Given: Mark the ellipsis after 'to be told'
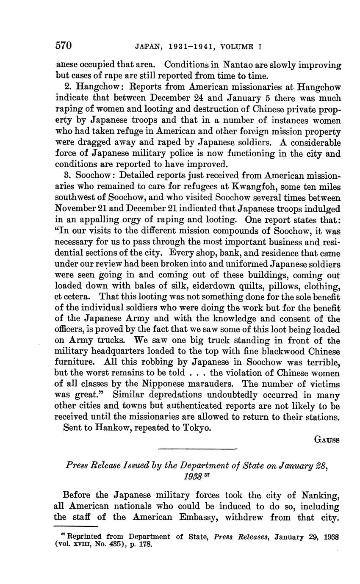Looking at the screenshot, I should [x=197, y=373].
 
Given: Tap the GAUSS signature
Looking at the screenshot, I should [x=327, y=440].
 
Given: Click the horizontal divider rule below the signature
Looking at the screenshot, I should [x=197, y=449].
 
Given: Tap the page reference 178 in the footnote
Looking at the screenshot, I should [x=145, y=544].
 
